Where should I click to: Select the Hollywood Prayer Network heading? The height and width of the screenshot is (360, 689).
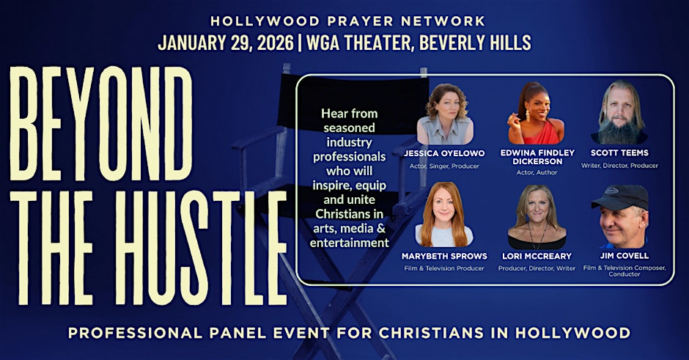pos(347,21)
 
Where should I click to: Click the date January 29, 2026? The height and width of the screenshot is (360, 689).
pos(226,43)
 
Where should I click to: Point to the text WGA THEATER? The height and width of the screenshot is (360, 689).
pos(359,43)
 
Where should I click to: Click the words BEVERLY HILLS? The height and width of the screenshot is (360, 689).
pos(475,43)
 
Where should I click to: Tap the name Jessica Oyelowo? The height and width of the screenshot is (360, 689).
pos(444,153)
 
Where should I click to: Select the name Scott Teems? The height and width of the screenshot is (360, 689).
pos(619,153)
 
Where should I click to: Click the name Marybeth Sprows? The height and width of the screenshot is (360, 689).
pos(444,256)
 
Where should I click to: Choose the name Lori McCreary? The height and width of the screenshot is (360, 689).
pos(537,256)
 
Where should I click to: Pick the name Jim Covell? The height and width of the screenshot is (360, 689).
pos(624,255)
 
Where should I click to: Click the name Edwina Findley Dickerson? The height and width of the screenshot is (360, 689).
pos(537,157)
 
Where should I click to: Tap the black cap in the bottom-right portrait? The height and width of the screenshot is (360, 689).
pos(620,196)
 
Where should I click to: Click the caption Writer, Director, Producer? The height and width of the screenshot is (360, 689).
pos(619,166)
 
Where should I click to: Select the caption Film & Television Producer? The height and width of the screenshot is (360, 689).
pos(444,268)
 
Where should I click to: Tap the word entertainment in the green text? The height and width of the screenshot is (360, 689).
pos(350,243)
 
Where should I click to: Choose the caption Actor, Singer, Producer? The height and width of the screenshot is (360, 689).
pos(444,166)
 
